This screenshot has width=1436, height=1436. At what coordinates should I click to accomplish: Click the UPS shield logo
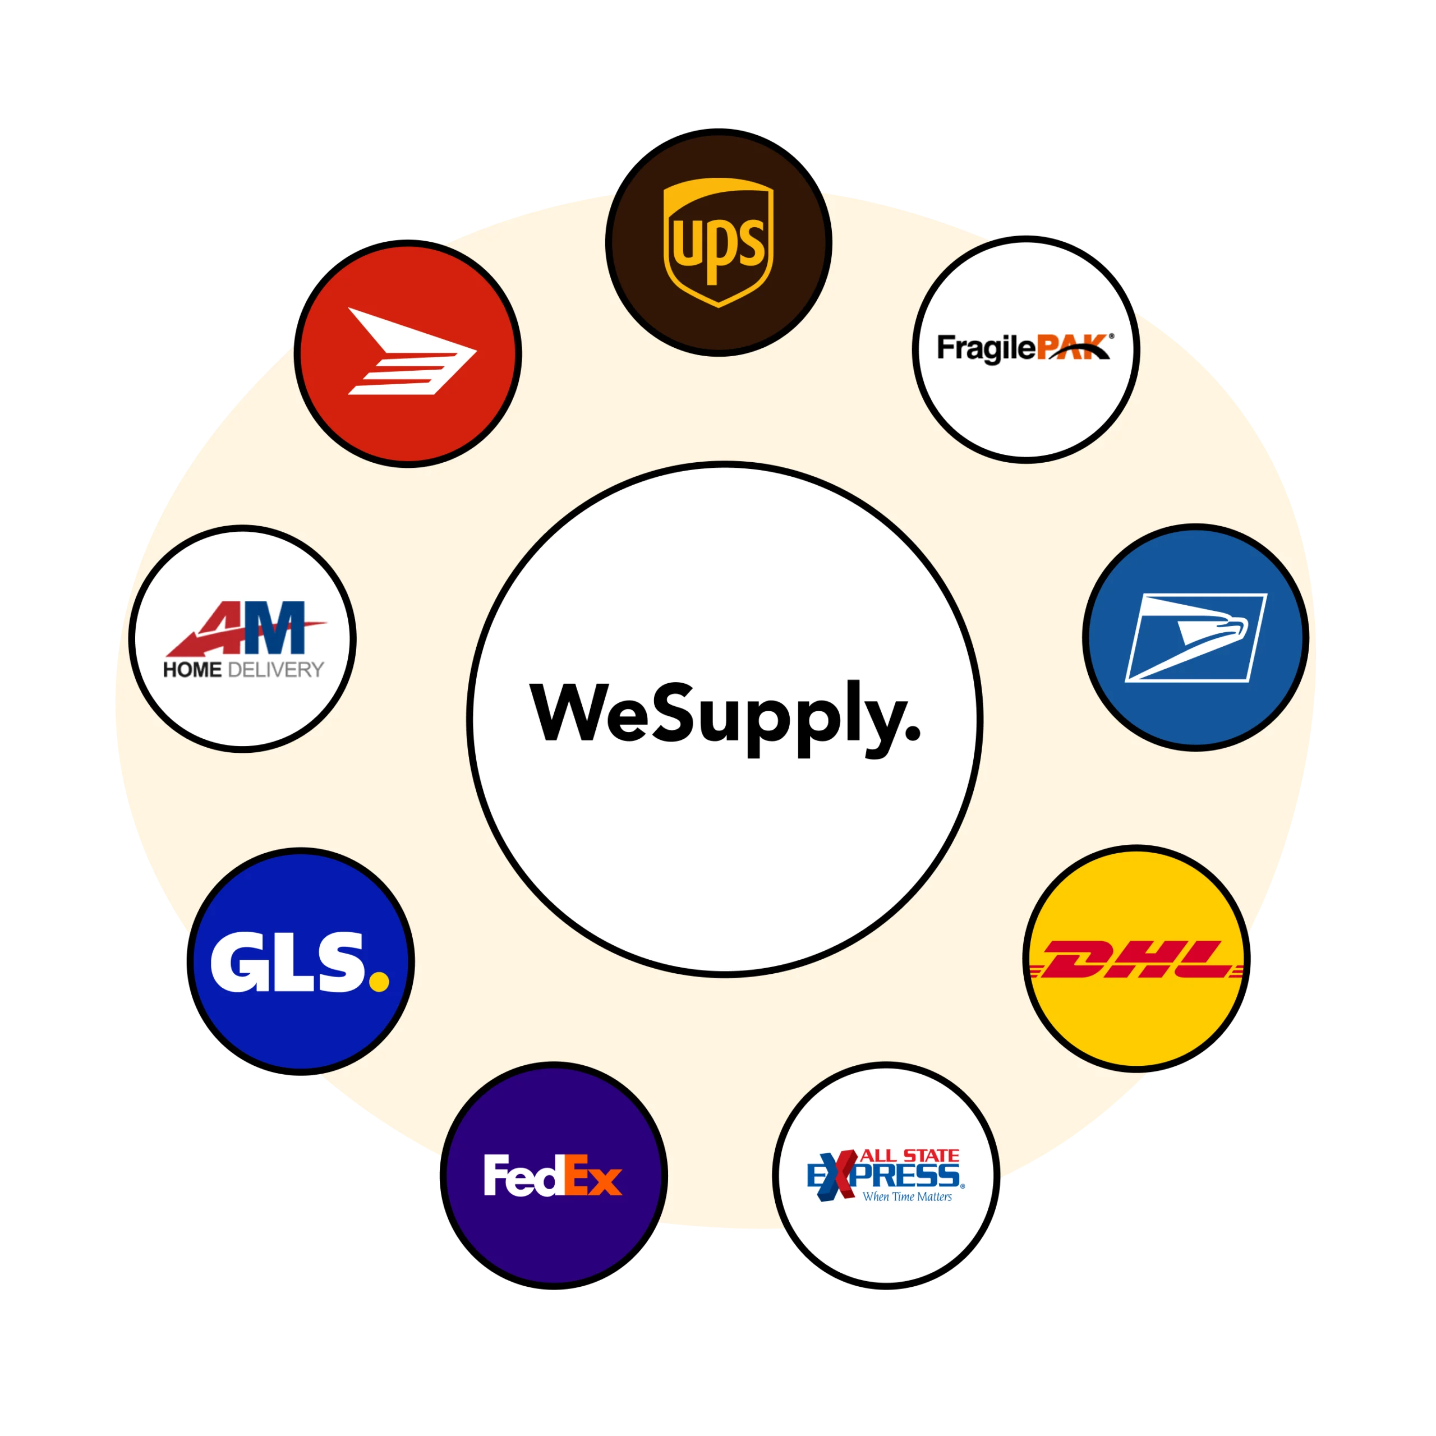tap(718, 242)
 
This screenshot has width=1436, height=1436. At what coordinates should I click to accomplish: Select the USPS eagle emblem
tap(1195, 638)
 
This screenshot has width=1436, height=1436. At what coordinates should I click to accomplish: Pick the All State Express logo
tap(885, 1175)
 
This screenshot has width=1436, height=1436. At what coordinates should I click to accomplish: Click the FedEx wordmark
tap(553, 1175)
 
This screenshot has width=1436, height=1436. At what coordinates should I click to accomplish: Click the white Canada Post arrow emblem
tap(412, 351)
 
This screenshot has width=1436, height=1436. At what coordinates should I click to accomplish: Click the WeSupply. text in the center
tap(725, 718)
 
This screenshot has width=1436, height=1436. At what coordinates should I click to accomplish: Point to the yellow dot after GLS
tap(379, 981)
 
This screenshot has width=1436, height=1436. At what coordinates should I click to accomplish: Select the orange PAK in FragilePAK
tap(1073, 347)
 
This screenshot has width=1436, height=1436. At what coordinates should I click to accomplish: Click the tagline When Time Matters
tap(907, 1196)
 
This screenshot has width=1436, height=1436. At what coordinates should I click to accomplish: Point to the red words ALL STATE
tap(910, 1156)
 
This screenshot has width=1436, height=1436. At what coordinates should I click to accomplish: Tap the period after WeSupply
tap(913, 734)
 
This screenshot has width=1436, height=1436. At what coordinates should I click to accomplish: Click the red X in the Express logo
tap(837, 1175)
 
